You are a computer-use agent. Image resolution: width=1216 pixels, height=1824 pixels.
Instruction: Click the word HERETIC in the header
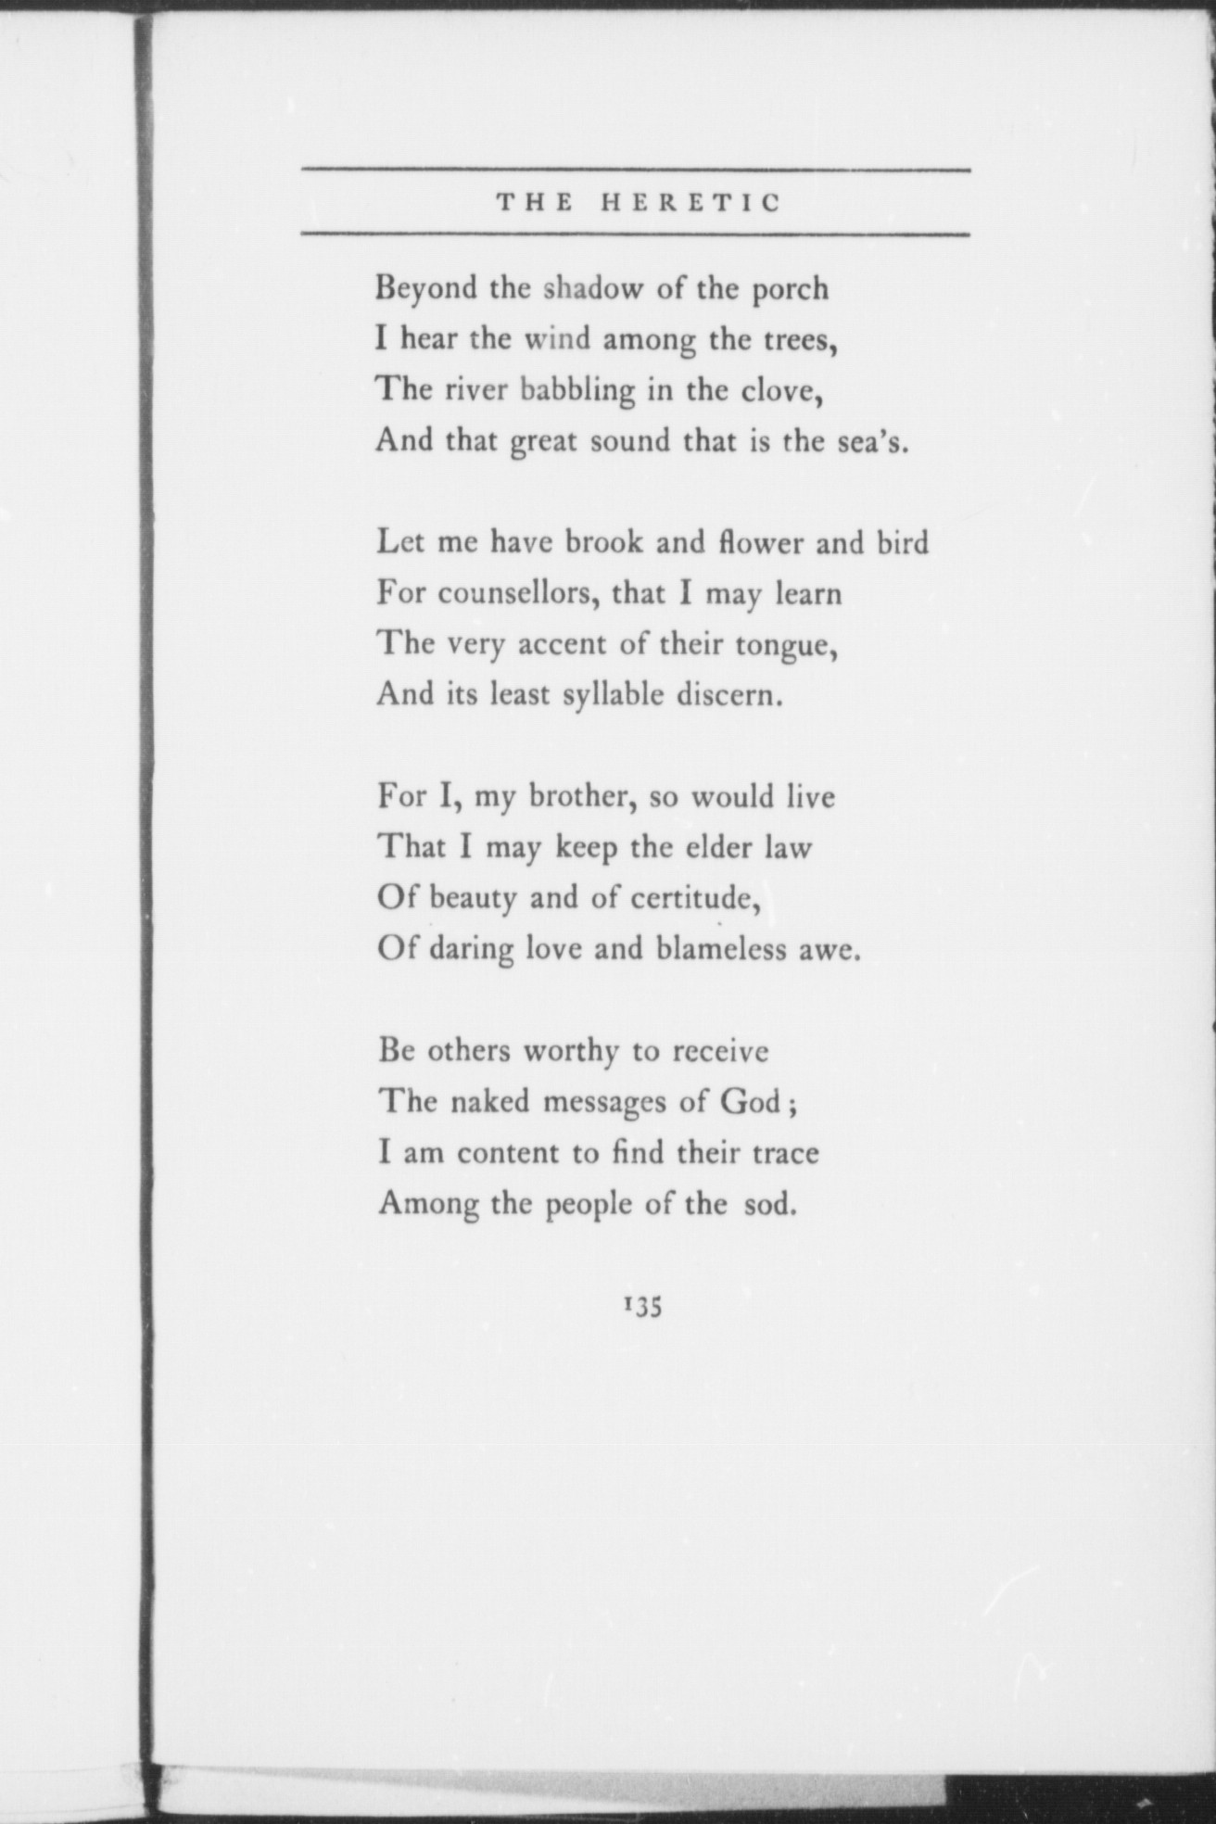click(691, 202)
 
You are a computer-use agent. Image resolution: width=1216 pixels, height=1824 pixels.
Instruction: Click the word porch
click(789, 290)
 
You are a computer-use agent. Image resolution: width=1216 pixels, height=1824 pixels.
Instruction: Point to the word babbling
click(576, 391)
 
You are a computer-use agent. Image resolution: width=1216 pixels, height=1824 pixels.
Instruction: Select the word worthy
click(571, 1053)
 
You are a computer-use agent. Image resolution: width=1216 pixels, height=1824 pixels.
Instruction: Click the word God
click(749, 1102)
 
